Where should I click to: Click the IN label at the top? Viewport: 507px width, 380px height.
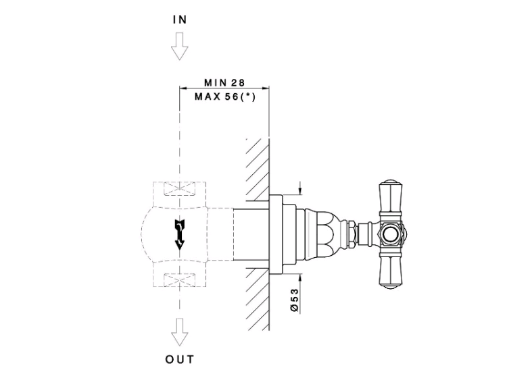pos(180,20)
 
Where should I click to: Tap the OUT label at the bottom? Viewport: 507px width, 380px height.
pos(180,359)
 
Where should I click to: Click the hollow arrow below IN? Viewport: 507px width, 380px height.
pos(179,46)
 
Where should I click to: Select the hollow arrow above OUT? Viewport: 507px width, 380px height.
pos(179,332)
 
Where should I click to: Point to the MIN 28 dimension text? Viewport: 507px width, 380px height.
pos(224,82)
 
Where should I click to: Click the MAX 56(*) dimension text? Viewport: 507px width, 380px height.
pos(225,97)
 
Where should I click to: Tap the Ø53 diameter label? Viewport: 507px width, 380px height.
pos(295,300)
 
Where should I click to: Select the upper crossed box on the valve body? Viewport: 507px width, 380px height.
pos(179,189)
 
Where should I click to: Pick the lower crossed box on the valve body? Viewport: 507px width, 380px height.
pos(179,279)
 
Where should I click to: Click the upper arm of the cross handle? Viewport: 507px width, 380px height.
pos(391,198)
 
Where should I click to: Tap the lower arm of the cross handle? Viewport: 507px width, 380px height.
pos(391,270)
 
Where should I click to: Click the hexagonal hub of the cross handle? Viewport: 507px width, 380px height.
pos(391,234)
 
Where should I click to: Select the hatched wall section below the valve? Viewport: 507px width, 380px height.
pos(258,299)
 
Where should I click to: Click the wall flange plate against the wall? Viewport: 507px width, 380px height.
pos(276,235)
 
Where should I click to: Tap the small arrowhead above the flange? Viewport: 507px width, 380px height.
pos(300,191)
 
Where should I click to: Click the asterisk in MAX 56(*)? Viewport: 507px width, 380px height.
pos(248,96)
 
